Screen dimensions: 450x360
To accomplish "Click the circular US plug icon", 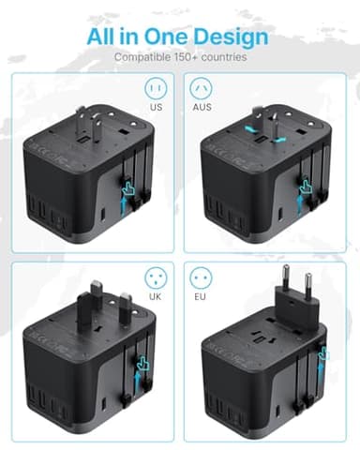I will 156,90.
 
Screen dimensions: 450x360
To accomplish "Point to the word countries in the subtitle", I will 226,57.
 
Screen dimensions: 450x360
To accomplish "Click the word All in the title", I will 109,37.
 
